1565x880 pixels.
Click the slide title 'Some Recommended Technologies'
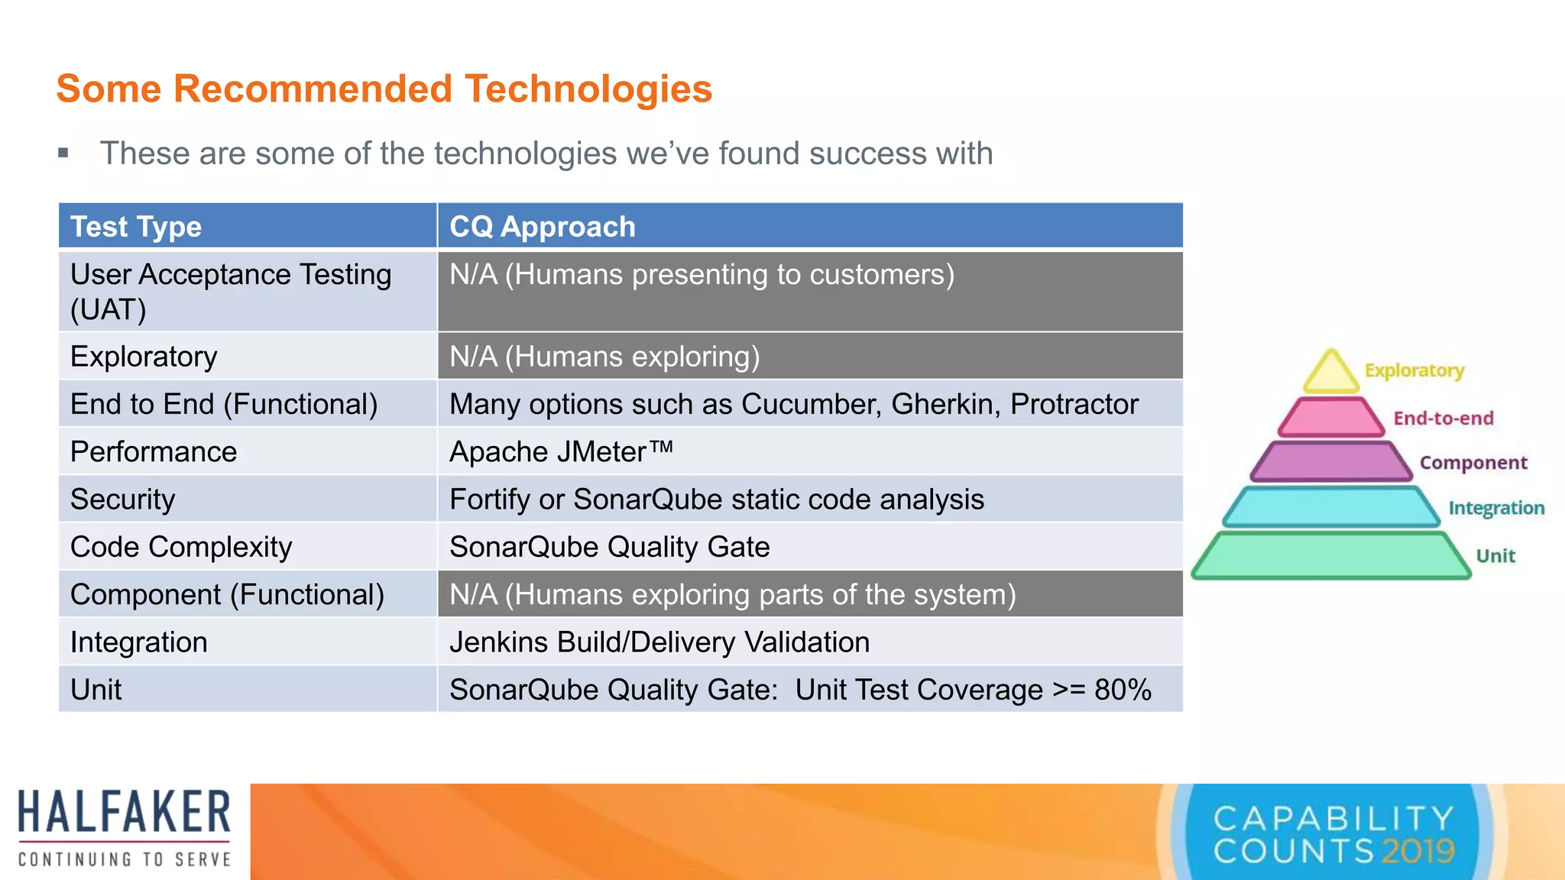[384, 89]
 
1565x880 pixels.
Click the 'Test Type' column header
[136, 227]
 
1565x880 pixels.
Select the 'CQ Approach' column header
[542, 227]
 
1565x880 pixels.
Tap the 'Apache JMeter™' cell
[561, 451]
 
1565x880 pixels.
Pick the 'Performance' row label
[154, 451]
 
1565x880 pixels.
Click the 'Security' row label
[123, 500]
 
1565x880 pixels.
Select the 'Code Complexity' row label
[181, 547]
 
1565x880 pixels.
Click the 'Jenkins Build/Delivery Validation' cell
[659, 642]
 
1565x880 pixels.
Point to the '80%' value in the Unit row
[1123, 690]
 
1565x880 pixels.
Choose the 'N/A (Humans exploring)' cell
[604, 357]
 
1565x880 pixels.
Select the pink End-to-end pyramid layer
[1330, 418]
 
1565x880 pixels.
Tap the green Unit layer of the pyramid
[1330, 555]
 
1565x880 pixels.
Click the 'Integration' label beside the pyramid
[1496, 508]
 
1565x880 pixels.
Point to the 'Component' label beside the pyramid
[1473, 463]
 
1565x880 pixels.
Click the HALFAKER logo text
[124, 812]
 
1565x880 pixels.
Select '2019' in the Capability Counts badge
[1418, 851]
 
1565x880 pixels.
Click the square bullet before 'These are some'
[63, 154]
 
